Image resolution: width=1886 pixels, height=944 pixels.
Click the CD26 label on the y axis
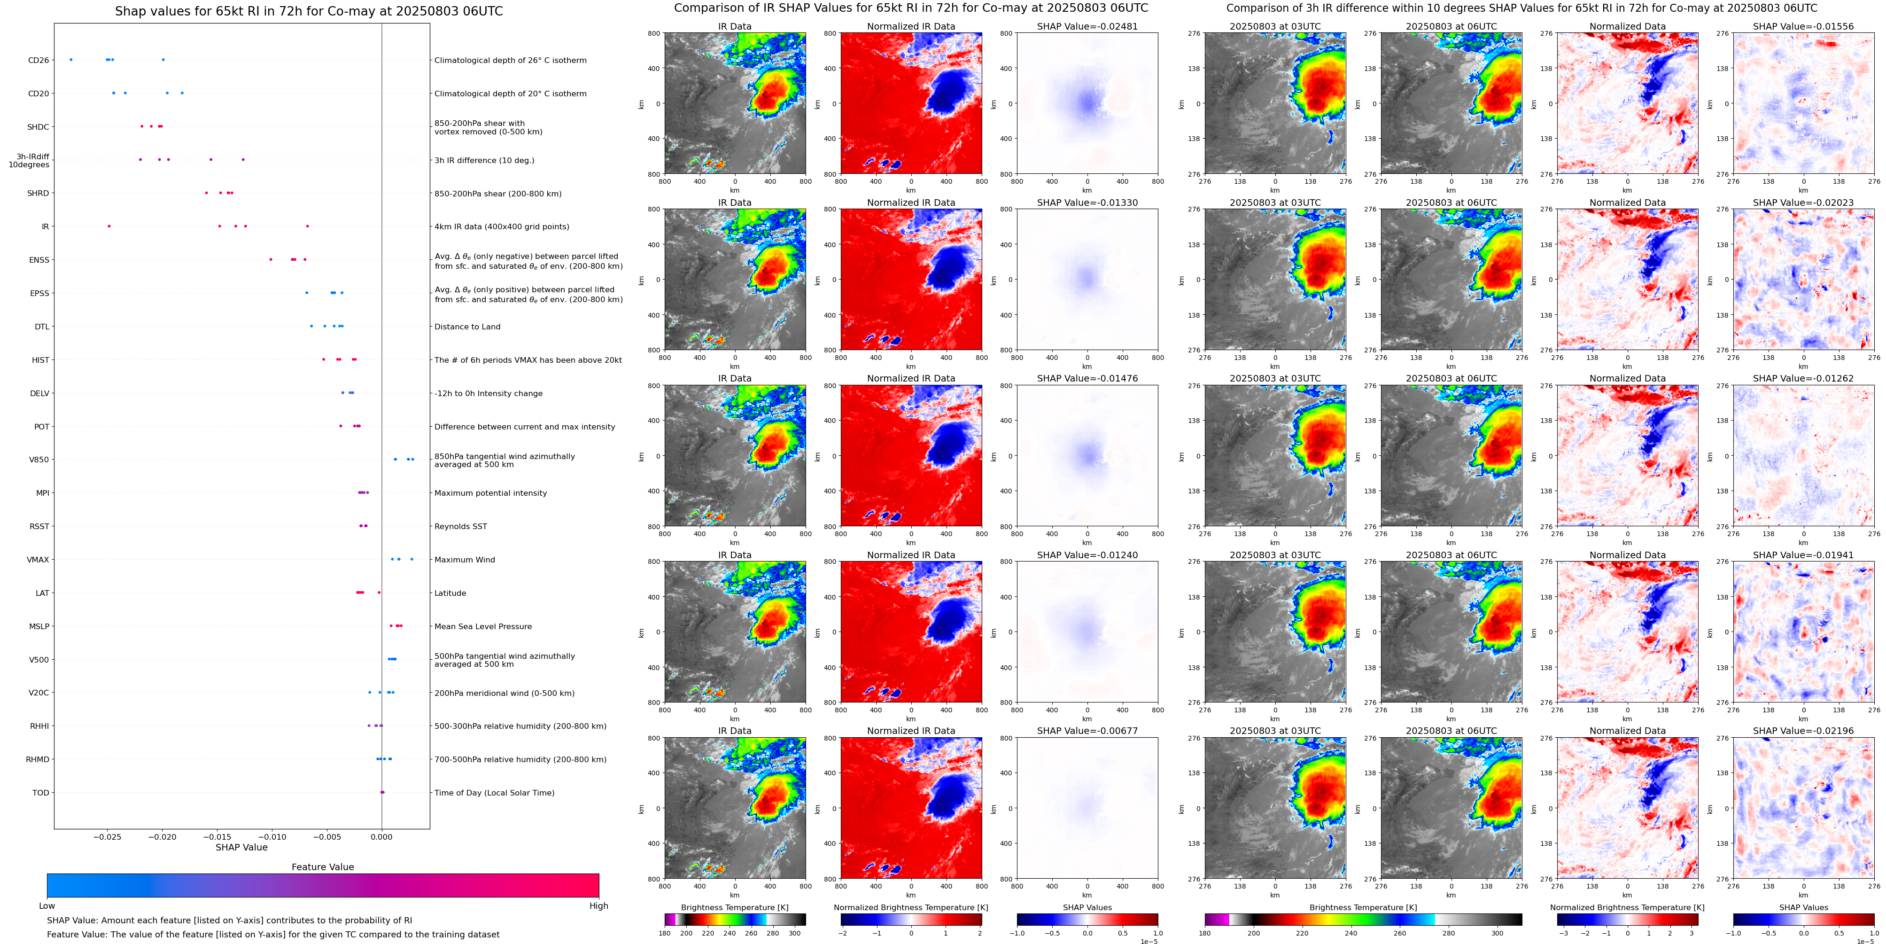pos(38,60)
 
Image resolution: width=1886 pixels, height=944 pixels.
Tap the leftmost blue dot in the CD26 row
pos(71,59)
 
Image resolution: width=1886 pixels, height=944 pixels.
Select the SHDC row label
pos(38,127)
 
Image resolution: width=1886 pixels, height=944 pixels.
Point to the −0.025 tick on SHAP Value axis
pos(108,836)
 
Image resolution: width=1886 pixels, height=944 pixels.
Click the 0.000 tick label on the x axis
pos(381,836)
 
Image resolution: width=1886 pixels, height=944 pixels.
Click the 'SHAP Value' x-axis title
pos(241,847)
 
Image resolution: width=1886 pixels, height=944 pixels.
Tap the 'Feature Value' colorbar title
pos(322,867)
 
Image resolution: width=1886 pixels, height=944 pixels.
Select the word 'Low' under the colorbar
pos(47,906)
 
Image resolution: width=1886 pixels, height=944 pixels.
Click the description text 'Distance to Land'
pos(467,327)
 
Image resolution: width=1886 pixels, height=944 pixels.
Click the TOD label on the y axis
pos(40,792)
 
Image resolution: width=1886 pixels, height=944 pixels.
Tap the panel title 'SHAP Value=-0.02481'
pos(1087,26)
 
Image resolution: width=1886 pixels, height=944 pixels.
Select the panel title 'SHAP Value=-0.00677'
pos(1087,731)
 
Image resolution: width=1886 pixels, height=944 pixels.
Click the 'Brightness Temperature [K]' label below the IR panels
pos(734,907)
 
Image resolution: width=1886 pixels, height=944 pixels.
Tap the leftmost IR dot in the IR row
pos(109,226)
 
